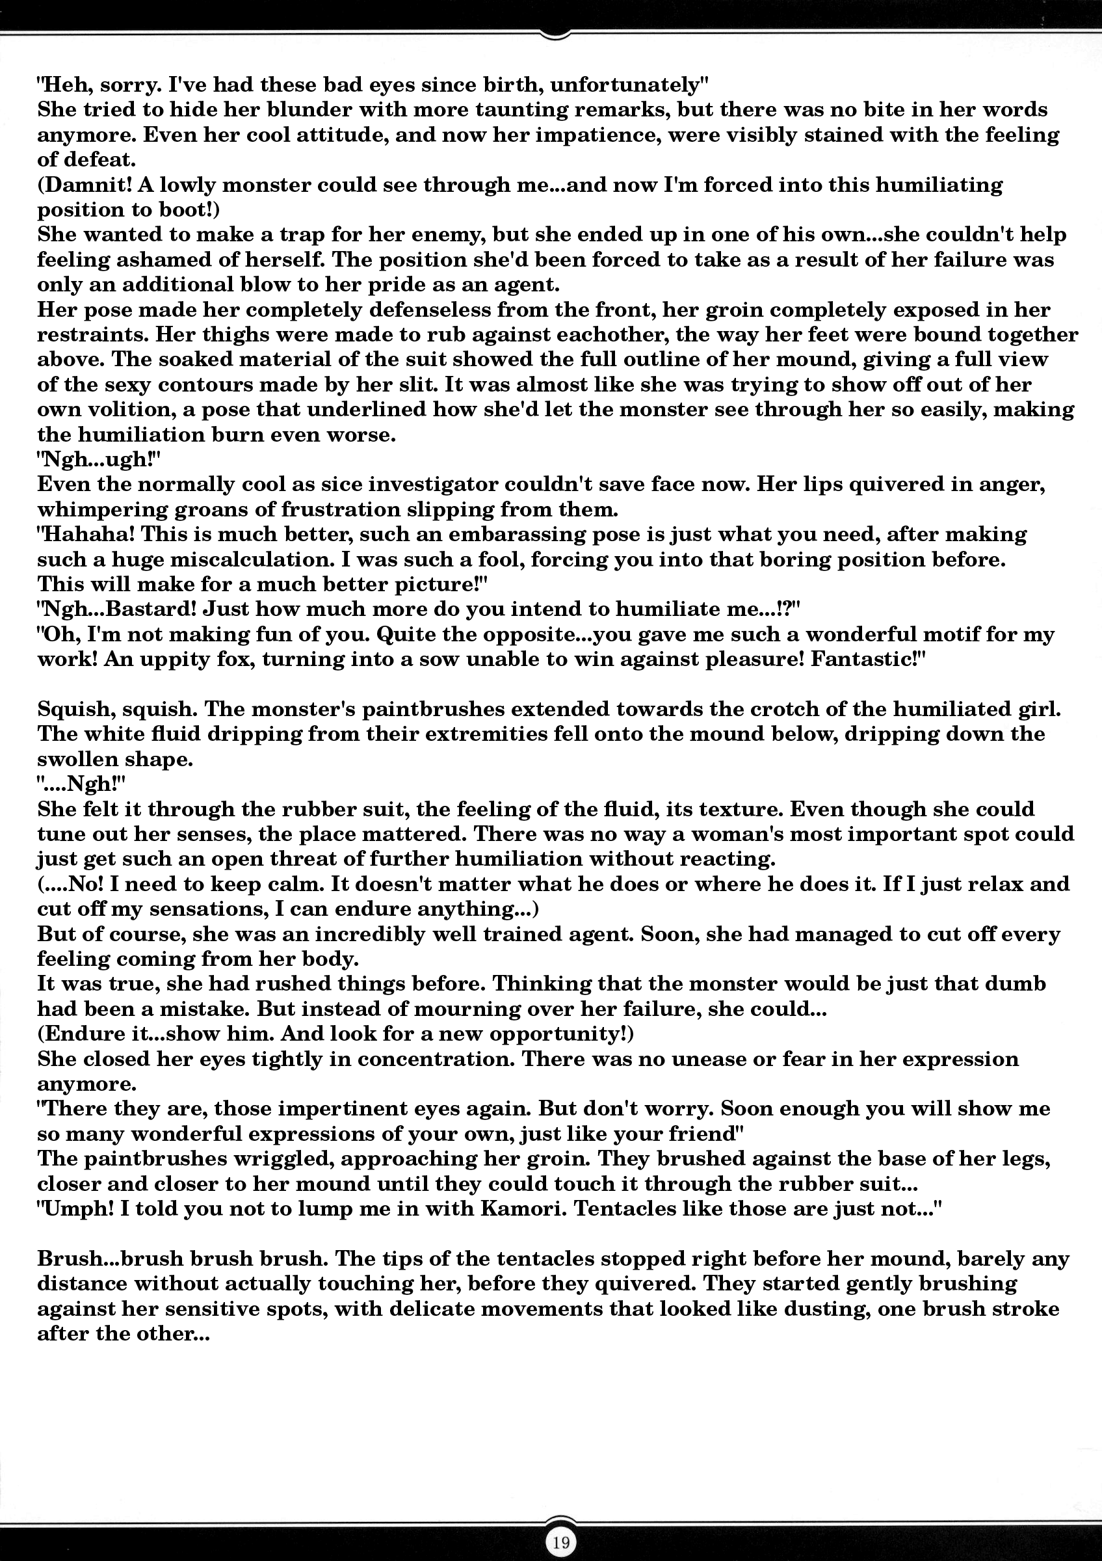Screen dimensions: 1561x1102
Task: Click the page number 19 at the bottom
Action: point(560,1541)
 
